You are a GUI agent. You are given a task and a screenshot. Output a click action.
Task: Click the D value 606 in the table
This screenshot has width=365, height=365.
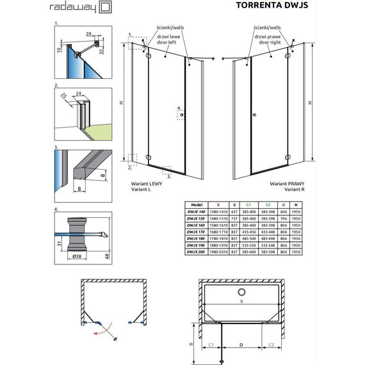pos(283,212)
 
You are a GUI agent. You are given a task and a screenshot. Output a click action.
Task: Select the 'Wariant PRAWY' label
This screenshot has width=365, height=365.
pos(286,183)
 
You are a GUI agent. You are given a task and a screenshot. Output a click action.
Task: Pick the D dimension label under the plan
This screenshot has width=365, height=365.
pos(241,345)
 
